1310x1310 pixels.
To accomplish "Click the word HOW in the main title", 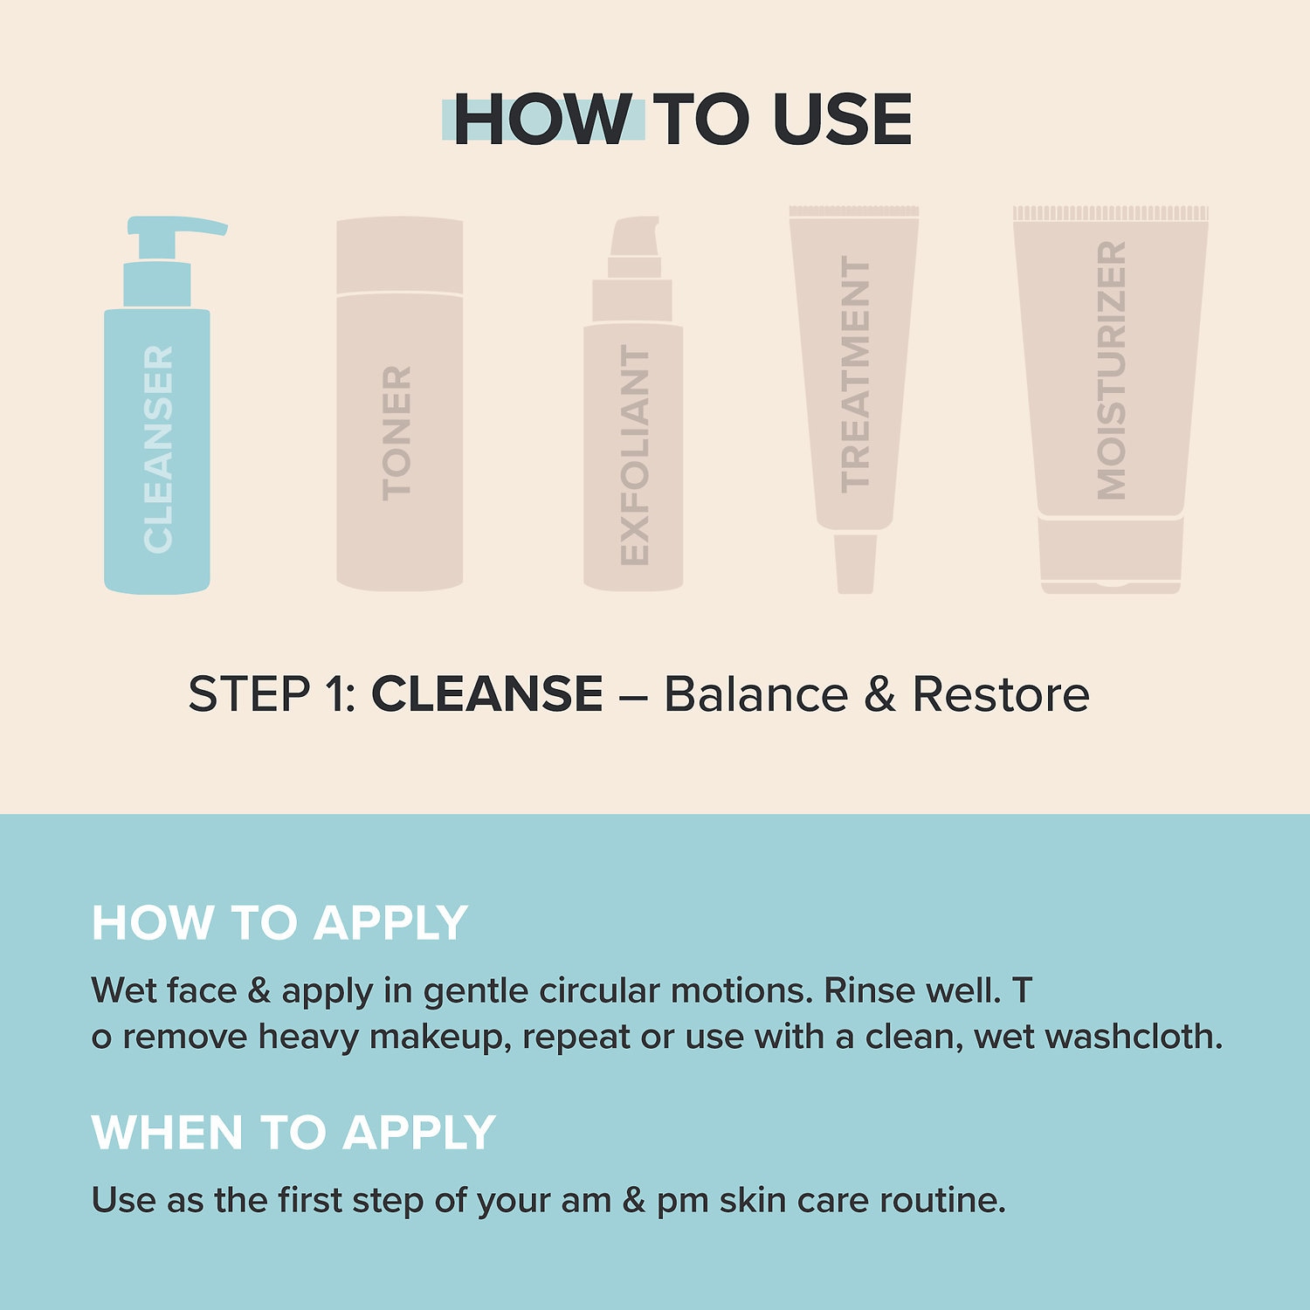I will (x=541, y=120).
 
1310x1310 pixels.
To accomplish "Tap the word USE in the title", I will (x=842, y=120).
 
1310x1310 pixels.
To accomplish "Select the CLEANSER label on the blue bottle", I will (x=158, y=449).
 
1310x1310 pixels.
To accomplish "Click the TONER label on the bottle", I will (x=396, y=433).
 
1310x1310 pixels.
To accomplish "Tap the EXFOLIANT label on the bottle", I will (x=635, y=454).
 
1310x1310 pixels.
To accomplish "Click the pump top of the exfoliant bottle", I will (x=634, y=238).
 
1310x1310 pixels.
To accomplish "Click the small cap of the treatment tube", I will (x=855, y=563).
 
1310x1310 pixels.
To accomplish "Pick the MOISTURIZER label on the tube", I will (x=1111, y=370).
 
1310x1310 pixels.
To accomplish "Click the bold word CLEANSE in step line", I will (x=486, y=694).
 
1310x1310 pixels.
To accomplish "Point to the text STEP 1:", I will (x=272, y=694).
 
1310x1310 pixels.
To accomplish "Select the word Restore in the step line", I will (x=1001, y=694).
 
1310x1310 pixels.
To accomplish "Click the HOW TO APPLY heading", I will (x=279, y=923).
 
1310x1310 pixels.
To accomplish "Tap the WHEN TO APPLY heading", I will (x=293, y=1133).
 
